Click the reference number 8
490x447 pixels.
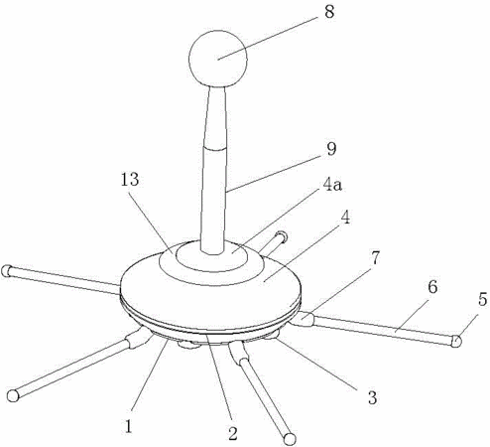(329, 12)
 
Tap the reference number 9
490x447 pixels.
(331, 149)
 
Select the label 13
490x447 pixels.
(130, 180)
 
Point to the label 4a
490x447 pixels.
(332, 186)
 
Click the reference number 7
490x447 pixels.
(375, 258)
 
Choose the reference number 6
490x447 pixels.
(432, 287)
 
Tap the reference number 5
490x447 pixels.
(482, 300)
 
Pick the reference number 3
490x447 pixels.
(373, 397)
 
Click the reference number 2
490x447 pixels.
(233, 433)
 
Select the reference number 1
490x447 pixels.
(129, 426)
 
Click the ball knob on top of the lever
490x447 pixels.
(218, 59)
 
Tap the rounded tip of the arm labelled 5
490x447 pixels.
(456, 341)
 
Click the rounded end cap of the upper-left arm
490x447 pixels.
(6, 271)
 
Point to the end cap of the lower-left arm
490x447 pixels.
(13, 395)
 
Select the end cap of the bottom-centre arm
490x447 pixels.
(290, 439)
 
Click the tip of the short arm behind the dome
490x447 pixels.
(283, 236)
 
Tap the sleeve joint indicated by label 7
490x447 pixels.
(304, 320)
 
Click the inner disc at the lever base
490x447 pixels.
(212, 255)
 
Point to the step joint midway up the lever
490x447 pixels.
(215, 147)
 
